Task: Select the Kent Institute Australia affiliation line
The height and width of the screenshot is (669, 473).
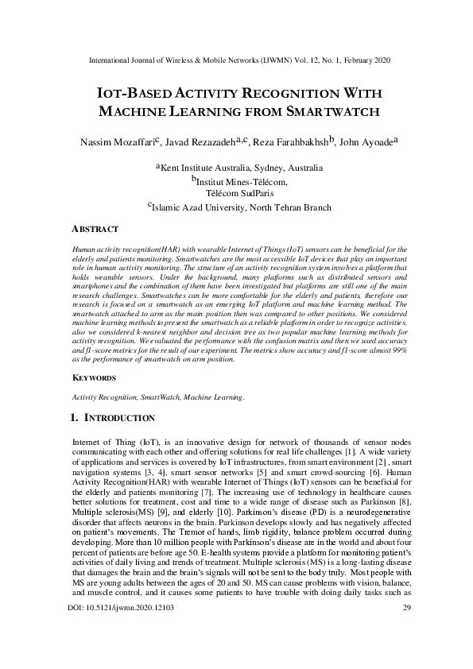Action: point(238,168)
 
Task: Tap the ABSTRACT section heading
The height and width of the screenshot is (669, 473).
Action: point(95,229)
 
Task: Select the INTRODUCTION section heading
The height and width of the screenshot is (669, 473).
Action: point(119,418)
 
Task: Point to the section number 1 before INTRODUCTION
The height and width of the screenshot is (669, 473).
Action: point(75,418)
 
